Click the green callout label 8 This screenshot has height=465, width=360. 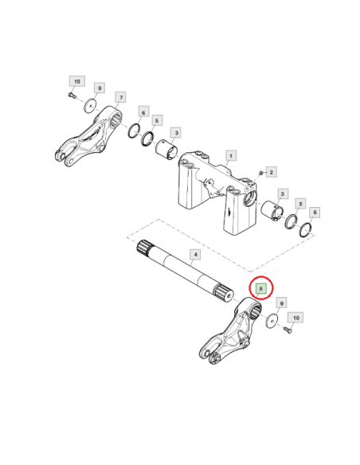(261, 288)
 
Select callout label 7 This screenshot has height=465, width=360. (121, 97)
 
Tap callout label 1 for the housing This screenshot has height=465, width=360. (231, 155)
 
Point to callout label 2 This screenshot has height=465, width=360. (272, 171)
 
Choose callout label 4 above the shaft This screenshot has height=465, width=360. (195, 255)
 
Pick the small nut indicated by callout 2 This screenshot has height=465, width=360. (260, 172)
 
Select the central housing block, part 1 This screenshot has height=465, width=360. (217, 193)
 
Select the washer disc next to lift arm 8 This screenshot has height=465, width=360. (272, 321)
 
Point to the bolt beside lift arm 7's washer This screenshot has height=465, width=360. (72, 96)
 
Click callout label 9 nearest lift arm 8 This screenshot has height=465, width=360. (282, 303)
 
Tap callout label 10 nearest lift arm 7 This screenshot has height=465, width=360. (77, 81)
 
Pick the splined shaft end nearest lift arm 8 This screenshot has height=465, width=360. (224, 293)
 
